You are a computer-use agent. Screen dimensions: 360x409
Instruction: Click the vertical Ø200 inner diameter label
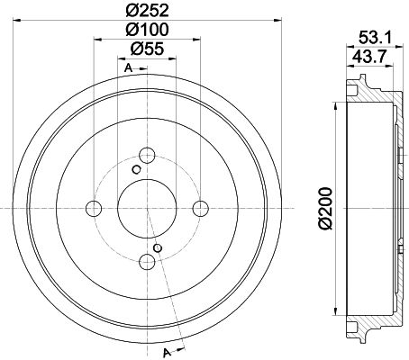(x=328, y=206)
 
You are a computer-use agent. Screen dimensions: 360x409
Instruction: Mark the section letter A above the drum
(x=128, y=70)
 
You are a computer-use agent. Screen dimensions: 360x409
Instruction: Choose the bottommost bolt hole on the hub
(x=147, y=262)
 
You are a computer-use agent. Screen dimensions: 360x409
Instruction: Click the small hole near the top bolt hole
(x=136, y=168)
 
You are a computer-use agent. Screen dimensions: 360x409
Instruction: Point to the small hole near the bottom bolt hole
(x=159, y=247)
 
